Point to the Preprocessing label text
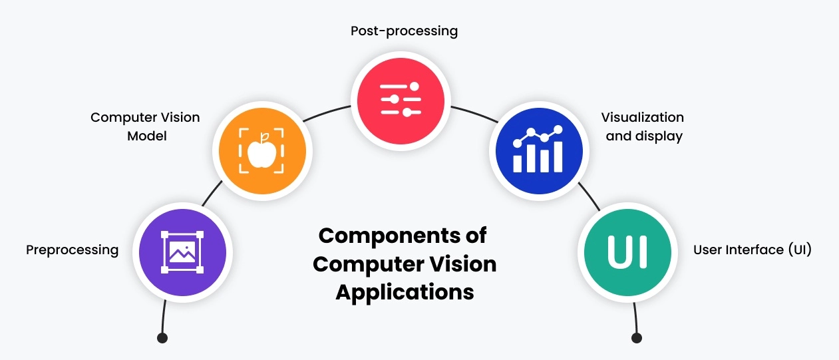pyautogui.click(x=72, y=250)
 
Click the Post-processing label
pyautogui.click(x=404, y=31)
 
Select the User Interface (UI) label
pyautogui.click(x=752, y=250)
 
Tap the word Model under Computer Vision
pyautogui.click(x=145, y=136)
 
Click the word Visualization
pyautogui.click(x=642, y=117)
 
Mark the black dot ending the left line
pyautogui.click(x=162, y=338)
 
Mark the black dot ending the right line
pyautogui.click(x=637, y=338)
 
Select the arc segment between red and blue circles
pyautogui.click(x=474, y=112)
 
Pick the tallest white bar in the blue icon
pyautogui.click(x=557, y=156)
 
